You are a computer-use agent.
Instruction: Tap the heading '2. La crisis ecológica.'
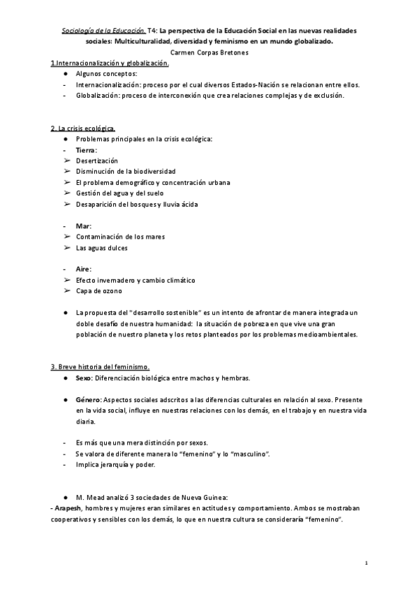[x=83, y=128]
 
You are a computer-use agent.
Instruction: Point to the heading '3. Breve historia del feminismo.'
[x=100, y=367]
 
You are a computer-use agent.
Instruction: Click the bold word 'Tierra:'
[x=87, y=150]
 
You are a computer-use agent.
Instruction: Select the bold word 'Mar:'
[x=83, y=226]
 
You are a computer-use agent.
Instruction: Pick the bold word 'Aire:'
[x=84, y=269]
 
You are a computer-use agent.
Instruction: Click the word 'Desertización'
[x=97, y=161]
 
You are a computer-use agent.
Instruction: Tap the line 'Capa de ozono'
[x=98, y=290]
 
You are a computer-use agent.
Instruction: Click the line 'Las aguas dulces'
[x=102, y=248]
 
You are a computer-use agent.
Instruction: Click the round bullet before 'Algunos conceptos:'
[x=64, y=73]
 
